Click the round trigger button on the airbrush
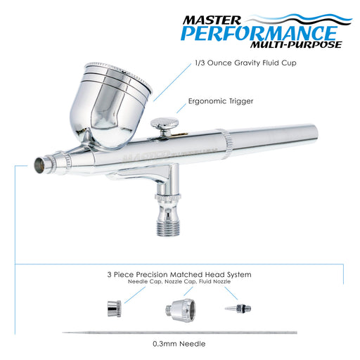[164, 126]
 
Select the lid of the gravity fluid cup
[112, 70]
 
